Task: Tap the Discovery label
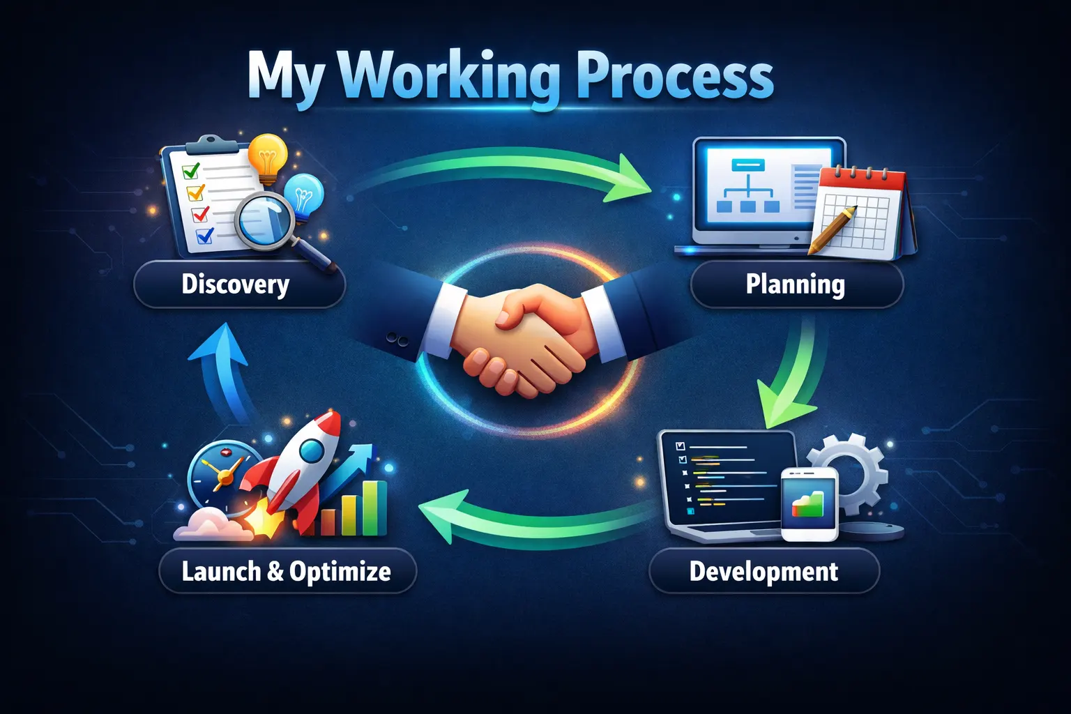click(236, 284)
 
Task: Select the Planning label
click(795, 284)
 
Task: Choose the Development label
click(764, 571)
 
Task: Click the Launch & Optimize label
click(287, 571)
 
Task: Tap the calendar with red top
click(862, 209)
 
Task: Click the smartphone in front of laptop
click(809, 503)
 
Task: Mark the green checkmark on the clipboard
click(190, 170)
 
